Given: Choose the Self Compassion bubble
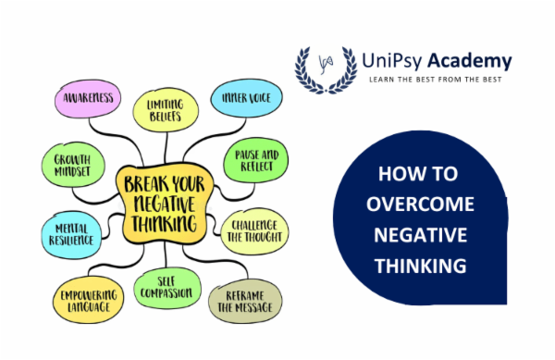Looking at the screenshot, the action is tap(168, 290).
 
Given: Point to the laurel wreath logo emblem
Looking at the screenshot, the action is tap(324, 67).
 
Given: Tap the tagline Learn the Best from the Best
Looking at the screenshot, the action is tap(439, 81).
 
